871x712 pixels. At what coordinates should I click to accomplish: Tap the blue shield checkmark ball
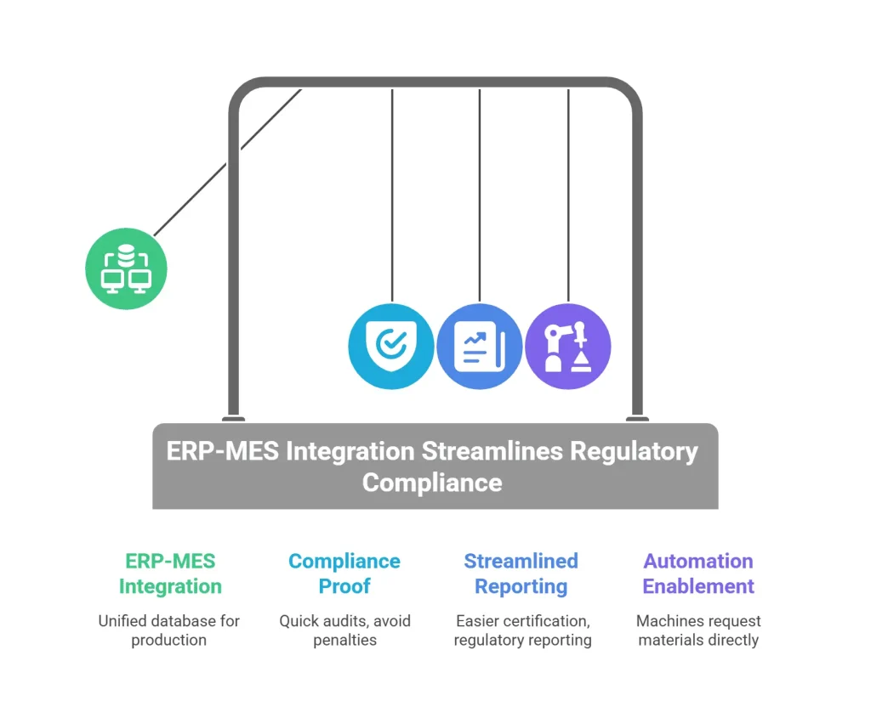pos(391,346)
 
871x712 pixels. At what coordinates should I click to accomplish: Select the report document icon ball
pos(480,346)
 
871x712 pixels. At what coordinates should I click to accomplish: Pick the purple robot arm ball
pos(568,346)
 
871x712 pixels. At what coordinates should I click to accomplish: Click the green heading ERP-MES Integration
pos(170,574)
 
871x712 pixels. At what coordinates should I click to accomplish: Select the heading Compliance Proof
pos(344,574)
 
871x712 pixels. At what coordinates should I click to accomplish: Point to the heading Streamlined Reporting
pos(521,574)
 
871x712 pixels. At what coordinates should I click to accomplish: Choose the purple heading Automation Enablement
pos(698,574)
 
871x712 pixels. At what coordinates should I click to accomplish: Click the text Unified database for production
pos(169,630)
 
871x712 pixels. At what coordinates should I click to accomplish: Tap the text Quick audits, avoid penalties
pos(344,630)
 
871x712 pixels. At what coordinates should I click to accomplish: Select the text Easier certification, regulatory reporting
pos(522,630)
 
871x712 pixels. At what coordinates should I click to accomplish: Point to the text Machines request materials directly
pos(698,630)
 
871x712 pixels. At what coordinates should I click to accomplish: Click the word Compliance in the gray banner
pos(432,483)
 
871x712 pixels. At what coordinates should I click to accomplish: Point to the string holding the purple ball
pos(568,195)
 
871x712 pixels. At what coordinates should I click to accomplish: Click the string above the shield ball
pos(392,195)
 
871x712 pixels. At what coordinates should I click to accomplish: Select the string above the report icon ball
pos(480,195)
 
